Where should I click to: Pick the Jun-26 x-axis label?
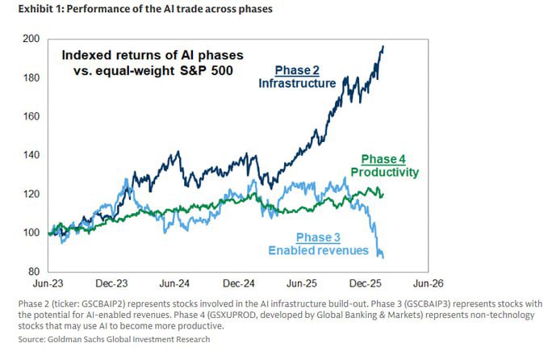click(x=429, y=284)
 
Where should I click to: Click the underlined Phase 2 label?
click(x=298, y=69)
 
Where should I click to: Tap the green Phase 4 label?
click(x=383, y=158)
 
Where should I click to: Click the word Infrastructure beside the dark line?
click(x=298, y=83)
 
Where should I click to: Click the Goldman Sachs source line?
click(x=107, y=339)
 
